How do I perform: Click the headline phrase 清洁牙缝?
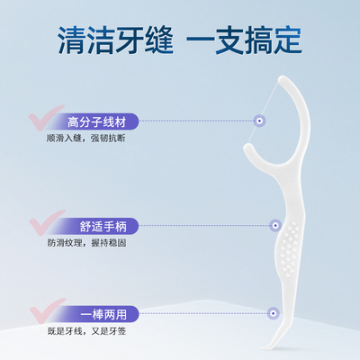click(x=115, y=40)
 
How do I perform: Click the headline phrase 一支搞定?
click(x=244, y=40)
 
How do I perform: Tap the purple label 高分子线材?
click(x=96, y=121)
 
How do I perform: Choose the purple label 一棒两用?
click(x=103, y=314)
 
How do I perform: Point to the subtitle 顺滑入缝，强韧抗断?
click(x=85, y=139)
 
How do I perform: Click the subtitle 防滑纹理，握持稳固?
click(x=86, y=243)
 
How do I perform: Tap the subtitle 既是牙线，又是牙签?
click(x=86, y=331)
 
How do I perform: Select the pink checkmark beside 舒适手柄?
click(x=47, y=222)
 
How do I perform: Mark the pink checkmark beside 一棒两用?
click(x=47, y=311)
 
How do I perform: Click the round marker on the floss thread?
click(x=260, y=121)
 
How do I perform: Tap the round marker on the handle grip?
click(x=275, y=225)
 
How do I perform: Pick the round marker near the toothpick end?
click(x=273, y=313)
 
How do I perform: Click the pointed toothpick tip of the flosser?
click(x=262, y=348)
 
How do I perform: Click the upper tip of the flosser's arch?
click(x=282, y=79)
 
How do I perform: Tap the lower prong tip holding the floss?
click(x=247, y=147)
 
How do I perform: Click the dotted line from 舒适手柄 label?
click(x=204, y=226)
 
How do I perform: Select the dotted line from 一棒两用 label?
click(x=203, y=313)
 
